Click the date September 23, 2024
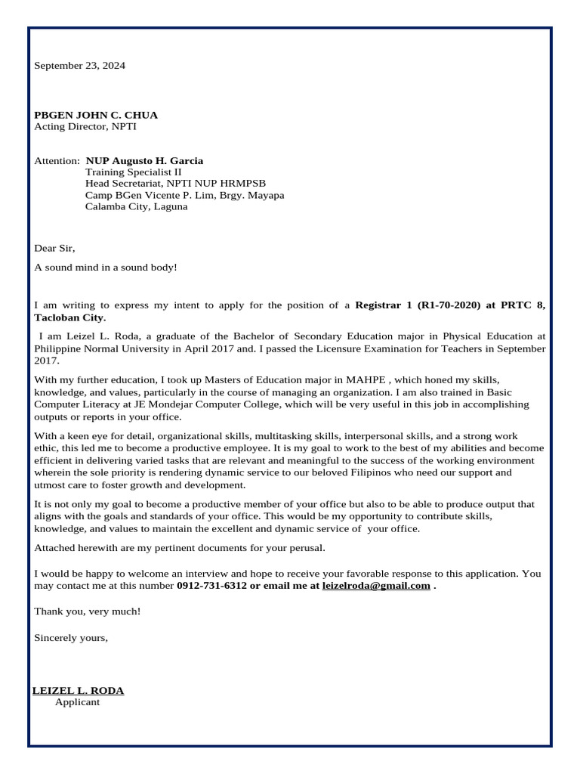(79, 66)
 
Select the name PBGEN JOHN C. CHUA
(96, 115)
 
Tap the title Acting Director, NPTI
(85, 126)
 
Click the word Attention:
(57, 161)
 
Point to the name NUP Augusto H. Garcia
(144, 161)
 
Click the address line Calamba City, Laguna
(136, 206)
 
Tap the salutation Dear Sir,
(55, 248)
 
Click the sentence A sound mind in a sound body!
(105, 268)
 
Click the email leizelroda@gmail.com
(376, 586)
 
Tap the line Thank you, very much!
(87, 611)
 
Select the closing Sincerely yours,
(71, 637)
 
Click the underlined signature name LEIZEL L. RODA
(79, 690)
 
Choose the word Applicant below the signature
(77, 702)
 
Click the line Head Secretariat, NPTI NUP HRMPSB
(175, 184)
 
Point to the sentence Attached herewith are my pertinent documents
(180, 547)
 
